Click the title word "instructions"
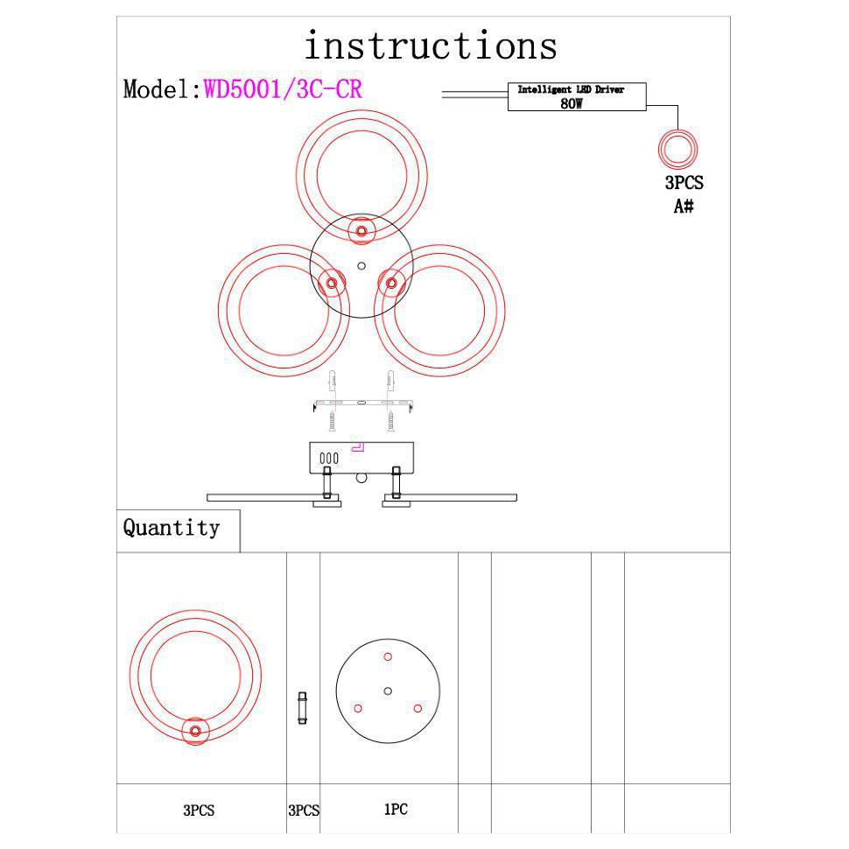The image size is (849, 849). pos(430,46)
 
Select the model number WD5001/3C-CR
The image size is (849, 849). pos(283,89)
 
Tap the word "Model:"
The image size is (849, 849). pos(162,89)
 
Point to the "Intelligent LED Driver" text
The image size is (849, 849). pos(571,90)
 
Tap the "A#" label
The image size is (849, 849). pos(684,207)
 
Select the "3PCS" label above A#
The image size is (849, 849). pos(684,183)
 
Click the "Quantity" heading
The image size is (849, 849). pos(172,528)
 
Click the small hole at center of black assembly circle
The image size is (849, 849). pos(361,266)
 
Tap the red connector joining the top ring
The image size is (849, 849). pos(361,232)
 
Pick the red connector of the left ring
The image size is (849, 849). pos(332,283)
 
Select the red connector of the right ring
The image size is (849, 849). pos(391,283)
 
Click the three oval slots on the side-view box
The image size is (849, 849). pos(328,458)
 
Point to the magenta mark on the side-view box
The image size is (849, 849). pos(358,446)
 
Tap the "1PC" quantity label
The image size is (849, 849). pos(396,810)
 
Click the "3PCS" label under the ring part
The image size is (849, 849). pos(199,810)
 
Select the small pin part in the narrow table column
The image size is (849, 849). pos(303,707)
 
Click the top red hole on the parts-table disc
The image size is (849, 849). pos(388,656)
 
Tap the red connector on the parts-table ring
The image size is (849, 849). pos(195,731)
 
